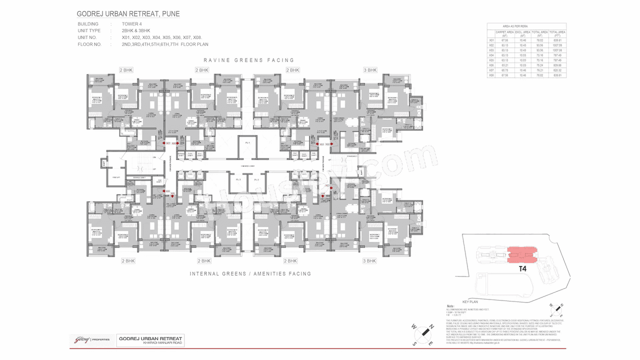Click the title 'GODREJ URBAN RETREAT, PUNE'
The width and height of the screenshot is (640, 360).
[128, 13]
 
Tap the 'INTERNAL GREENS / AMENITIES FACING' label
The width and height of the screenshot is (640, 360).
[250, 274]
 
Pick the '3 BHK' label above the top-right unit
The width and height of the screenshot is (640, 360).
[369, 70]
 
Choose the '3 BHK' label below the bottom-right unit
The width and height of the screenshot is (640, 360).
[369, 261]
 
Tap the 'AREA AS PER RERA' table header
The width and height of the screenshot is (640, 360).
[515, 25]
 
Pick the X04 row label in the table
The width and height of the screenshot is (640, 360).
[491, 55]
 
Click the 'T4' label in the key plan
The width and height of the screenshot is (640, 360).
[522, 269]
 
